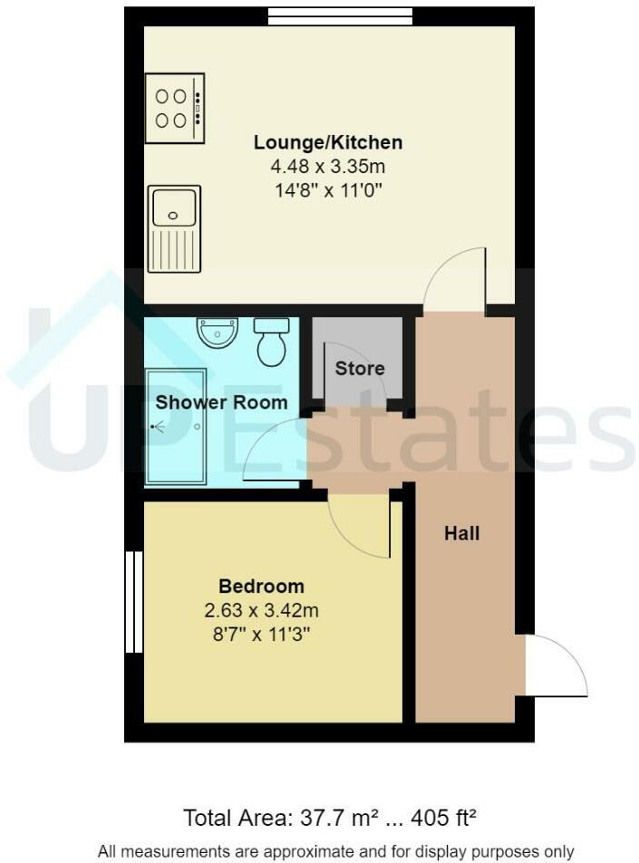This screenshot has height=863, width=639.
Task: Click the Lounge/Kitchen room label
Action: click(327, 142)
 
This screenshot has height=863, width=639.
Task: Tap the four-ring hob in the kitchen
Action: click(175, 108)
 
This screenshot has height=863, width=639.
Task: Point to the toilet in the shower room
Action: click(271, 342)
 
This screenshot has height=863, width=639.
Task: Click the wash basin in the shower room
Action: click(218, 332)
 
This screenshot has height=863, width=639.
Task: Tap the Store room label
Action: click(360, 368)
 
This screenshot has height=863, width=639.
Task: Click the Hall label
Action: click(461, 533)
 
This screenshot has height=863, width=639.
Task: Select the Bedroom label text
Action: click(261, 586)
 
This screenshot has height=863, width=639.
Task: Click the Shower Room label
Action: click(222, 402)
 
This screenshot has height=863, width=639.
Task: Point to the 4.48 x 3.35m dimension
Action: click(327, 167)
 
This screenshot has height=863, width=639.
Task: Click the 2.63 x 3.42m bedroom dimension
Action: click(261, 610)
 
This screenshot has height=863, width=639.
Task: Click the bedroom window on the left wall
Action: click(134, 601)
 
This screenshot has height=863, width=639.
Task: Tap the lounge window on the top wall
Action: click(340, 15)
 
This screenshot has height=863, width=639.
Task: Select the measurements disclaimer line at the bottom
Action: click(334, 851)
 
